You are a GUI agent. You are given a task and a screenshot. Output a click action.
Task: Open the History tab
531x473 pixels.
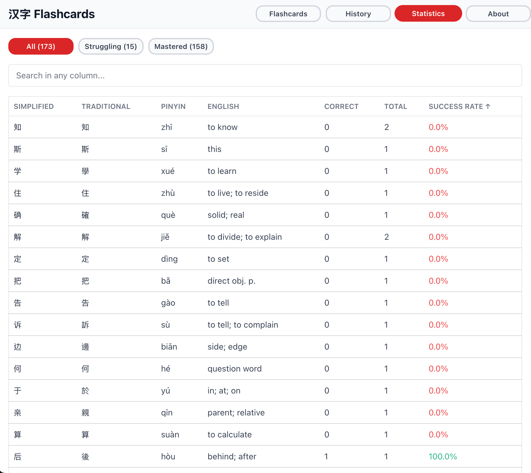(358, 14)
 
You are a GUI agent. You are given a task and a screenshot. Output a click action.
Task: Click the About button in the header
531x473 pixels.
(498, 14)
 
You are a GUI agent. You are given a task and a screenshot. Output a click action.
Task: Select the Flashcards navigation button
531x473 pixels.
(288, 14)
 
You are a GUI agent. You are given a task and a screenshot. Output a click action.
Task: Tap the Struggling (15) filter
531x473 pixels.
(111, 46)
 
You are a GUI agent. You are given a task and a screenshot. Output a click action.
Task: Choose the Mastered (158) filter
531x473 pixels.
(181, 46)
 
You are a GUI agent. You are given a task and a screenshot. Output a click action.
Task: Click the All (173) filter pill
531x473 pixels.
(41, 46)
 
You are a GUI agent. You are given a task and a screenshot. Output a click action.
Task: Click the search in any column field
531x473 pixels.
(265, 75)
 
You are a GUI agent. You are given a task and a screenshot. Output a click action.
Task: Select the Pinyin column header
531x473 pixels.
(173, 107)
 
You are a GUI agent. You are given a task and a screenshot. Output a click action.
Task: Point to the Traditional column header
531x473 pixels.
(106, 107)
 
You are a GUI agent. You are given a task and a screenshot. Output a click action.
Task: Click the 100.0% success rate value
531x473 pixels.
(443, 456)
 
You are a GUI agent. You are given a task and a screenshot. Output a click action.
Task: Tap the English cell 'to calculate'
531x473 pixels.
(230, 434)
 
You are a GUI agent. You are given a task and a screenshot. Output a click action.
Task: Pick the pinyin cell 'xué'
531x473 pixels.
(168, 171)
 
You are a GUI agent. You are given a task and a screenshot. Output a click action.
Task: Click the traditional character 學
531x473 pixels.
(85, 171)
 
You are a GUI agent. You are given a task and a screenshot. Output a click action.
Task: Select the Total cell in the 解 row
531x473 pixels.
(387, 237)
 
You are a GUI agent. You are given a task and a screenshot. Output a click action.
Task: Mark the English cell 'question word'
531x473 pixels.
(234, 369)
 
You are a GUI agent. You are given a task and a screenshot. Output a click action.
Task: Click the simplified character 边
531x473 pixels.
(18, 347)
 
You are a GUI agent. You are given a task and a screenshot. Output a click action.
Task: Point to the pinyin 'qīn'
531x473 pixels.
(167, 412)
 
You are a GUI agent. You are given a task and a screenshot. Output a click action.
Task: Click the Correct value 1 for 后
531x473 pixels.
(326, 456)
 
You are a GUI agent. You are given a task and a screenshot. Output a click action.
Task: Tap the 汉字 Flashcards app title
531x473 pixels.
(52, 14)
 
